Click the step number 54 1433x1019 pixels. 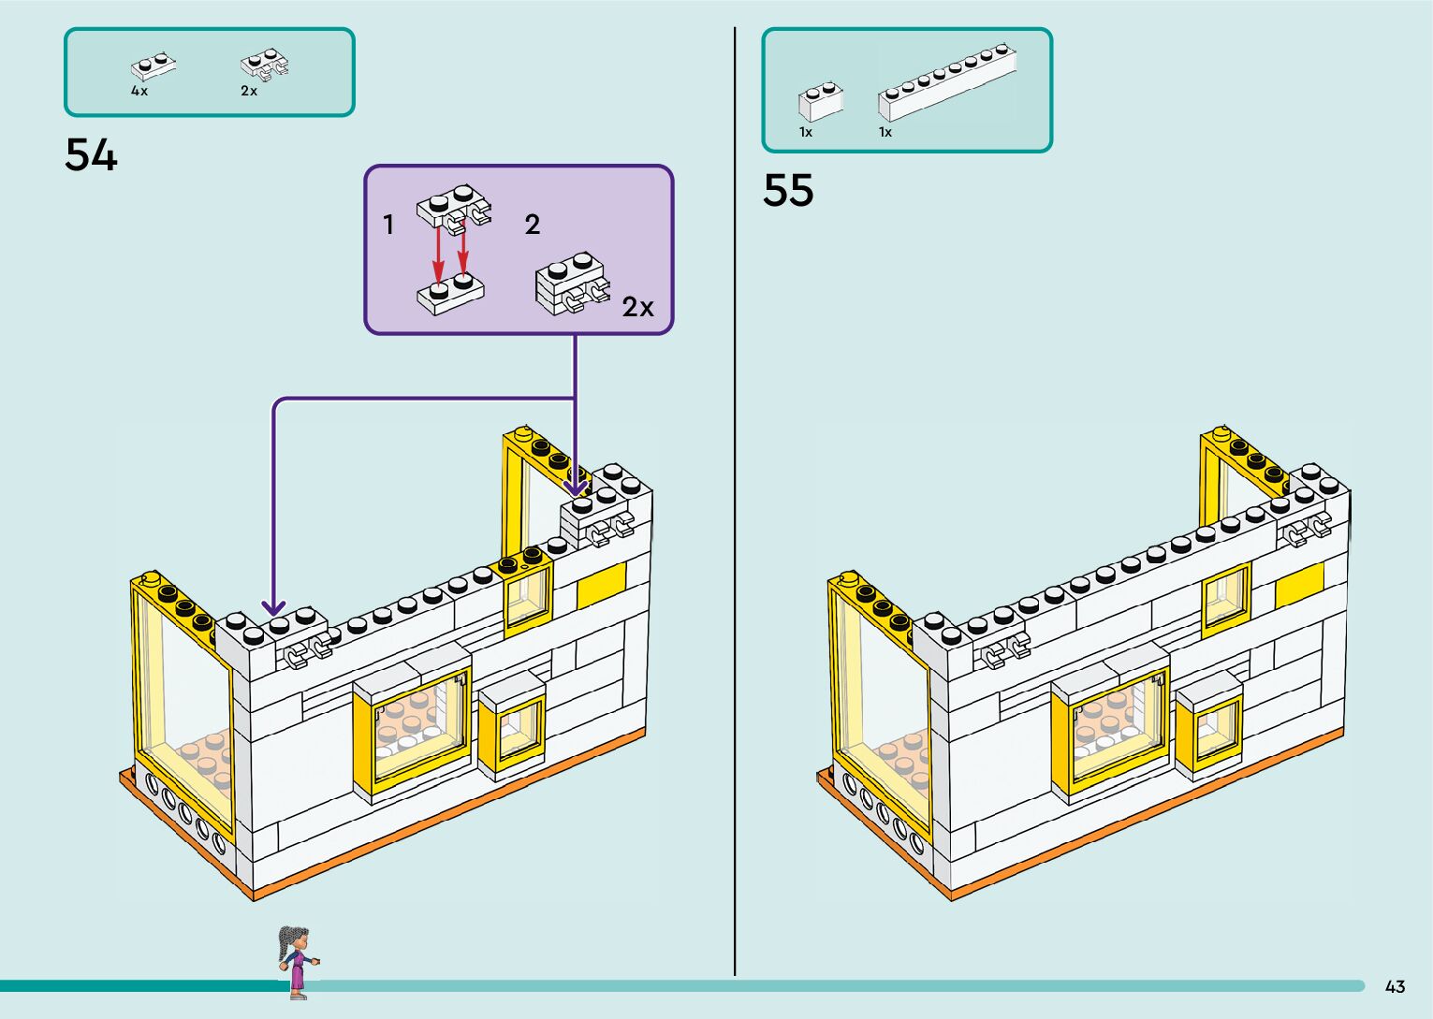(x=91, y=155)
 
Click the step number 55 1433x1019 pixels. (x=788, y=191)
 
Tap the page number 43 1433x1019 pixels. (x=1395, y=986)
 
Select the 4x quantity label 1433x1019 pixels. (x=139, y=92)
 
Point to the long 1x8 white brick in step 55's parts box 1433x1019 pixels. (x=946, y=82)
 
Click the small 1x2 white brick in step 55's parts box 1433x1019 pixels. (x=820, y=101)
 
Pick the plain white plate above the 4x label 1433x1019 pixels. (x=154, y=66)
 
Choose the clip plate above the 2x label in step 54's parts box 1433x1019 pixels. (x=264, y=66)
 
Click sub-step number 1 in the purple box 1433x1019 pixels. (x=388, y=225)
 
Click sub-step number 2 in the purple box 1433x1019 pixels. (x=532, y=225)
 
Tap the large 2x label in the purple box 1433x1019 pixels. (x=637, y=307)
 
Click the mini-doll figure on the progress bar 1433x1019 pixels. (x=297, y=961)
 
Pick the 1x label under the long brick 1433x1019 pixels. (x=885, y=133)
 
